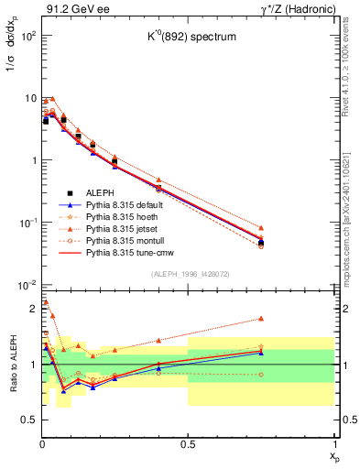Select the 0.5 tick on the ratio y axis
click(x=30, y=420)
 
